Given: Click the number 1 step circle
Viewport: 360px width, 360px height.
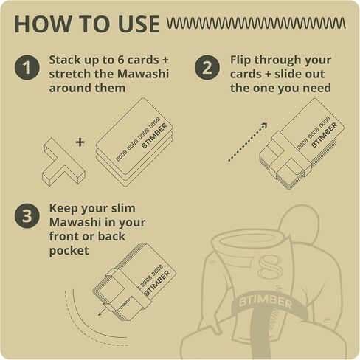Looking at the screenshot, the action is click(x=27, y=67).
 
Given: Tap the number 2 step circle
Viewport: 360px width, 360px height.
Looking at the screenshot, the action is click(x=207, y=67).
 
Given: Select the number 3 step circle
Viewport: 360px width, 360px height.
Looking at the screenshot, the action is click(x=27, y=215).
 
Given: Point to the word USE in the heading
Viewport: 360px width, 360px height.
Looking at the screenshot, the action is click(x=139, y=24).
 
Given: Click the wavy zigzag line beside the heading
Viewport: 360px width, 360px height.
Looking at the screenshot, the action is click(x=256, y=24).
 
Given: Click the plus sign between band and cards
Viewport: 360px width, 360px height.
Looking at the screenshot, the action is click(x=80, y=142).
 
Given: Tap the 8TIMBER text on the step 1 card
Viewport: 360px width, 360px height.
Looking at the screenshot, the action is click(x=155, y=136).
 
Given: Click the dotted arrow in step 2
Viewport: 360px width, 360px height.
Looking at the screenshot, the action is click(x=247, y=142).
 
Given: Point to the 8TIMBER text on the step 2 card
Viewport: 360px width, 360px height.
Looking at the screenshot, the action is click(x=324, y=135).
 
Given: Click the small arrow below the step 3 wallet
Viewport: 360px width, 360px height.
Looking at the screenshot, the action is click(x=102, y=311).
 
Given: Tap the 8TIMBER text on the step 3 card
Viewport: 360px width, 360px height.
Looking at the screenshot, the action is click(x=157, y=283).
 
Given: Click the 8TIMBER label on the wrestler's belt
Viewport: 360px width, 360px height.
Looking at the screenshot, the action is click(x=265, y=302).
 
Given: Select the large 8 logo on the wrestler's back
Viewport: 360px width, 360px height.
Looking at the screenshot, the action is click(x=269, y=267).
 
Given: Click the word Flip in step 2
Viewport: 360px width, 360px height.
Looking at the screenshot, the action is click(x=240, y=60).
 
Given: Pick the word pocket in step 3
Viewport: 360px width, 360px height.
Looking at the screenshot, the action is click(x=69, y=251).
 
